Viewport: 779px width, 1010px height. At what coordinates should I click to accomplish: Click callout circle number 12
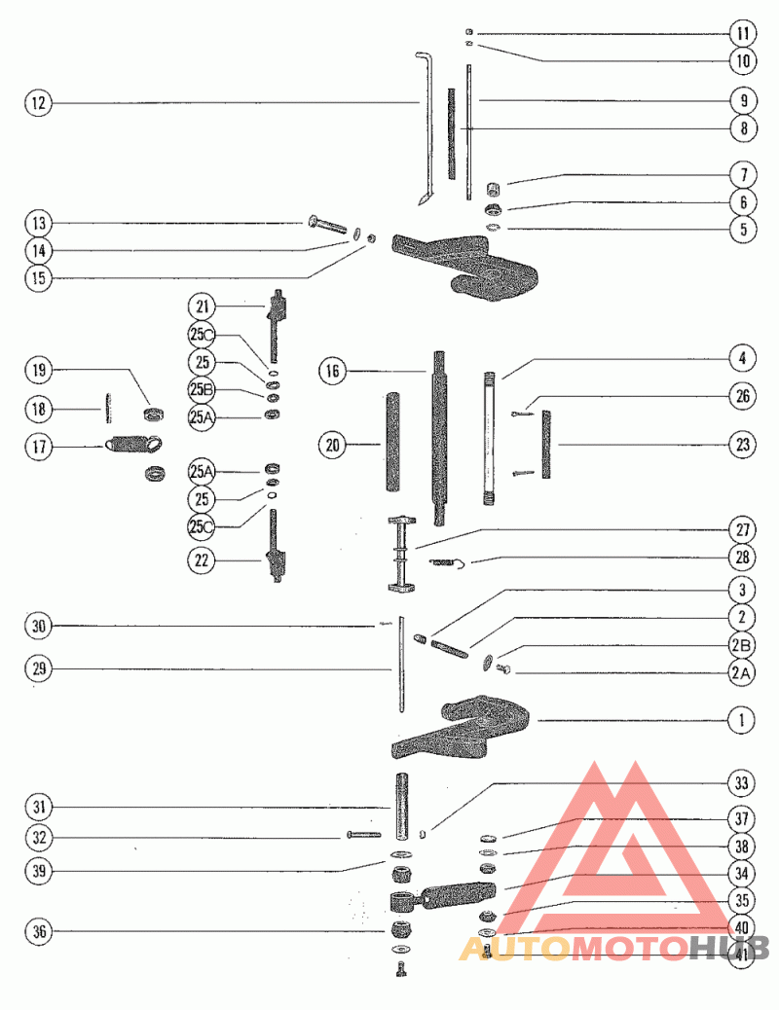pyautogui.click(x=39, y=103)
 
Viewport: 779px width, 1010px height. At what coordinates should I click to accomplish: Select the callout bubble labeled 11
pyautogui.click(x=743, y=33)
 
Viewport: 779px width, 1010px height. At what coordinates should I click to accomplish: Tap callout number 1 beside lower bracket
pyautogui.click(x=742, y=720)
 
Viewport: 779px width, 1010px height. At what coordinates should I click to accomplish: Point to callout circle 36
pyautogui.click(x=39, y=931)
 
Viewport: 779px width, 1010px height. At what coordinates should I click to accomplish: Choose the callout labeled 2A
pyautogui.click(x=742, y=673)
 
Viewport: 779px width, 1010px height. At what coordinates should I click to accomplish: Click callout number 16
pyautogui.click(x=333, y=371)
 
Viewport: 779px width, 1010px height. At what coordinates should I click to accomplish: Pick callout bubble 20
pyautogui.click(x=333, y=445)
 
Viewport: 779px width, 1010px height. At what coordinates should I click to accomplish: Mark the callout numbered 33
pyautogui.click(x=742, y=783)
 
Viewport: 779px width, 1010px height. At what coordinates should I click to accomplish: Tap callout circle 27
pyautogui.click(x=742, y=529)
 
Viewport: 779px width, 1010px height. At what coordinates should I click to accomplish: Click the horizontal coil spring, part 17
pyautogui.click(x=132, y=444)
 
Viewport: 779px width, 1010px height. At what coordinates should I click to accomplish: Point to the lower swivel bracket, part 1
pyautogui.click(x=462, y=727)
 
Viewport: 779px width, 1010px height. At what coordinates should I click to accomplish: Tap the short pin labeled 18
pyautogui.click(x=108, y=409)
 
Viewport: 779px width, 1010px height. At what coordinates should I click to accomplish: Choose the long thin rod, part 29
pyautogui.click(x=401, y=665)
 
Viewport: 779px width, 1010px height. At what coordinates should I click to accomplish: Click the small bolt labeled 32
pyautogui.click(x=363, y=835)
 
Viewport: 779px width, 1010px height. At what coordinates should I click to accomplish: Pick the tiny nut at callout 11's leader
pyautogui.click(x=469, y=32)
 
